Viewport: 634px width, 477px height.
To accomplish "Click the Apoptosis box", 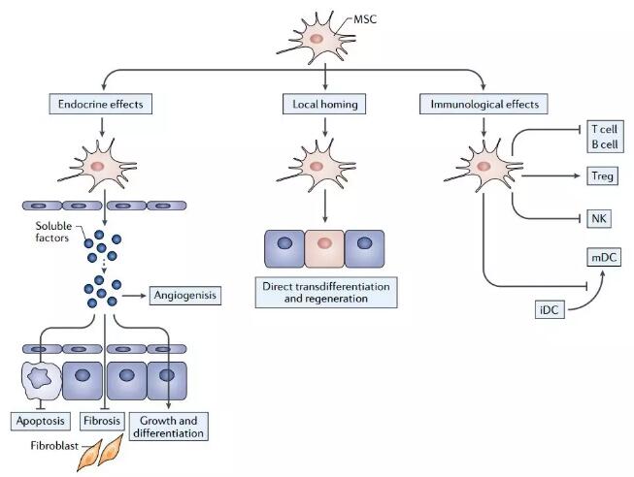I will (40, 423).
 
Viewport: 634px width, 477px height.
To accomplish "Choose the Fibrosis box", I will (105, 423).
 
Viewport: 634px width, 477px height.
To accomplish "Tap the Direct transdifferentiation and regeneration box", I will (328, 293).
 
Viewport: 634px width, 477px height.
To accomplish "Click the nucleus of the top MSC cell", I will (317, 38).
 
